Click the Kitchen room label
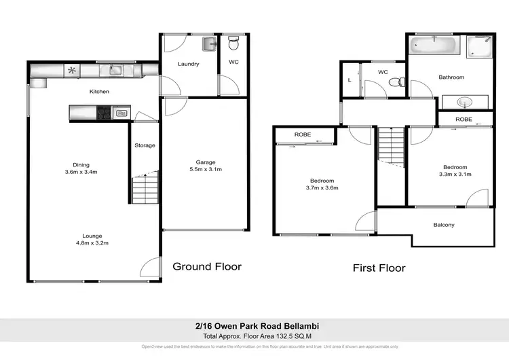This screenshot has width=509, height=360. tap(99, 92)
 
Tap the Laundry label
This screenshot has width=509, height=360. tap(188, 65)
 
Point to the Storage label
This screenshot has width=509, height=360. tap(145, 145)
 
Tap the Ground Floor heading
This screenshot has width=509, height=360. tap(207, 266)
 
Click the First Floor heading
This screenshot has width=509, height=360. tap(379, 268)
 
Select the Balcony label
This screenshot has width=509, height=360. tap(444, 225)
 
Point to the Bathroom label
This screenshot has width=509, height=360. tap(451, 77)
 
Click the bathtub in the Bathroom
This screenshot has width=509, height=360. tap(434, 46)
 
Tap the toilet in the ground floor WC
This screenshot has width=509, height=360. tap(233, 46)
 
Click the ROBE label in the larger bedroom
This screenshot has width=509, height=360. tap(303, 134)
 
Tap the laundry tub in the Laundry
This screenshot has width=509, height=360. tap(208, 45)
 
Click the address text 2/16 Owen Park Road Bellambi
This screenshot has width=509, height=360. tap(254, 326)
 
